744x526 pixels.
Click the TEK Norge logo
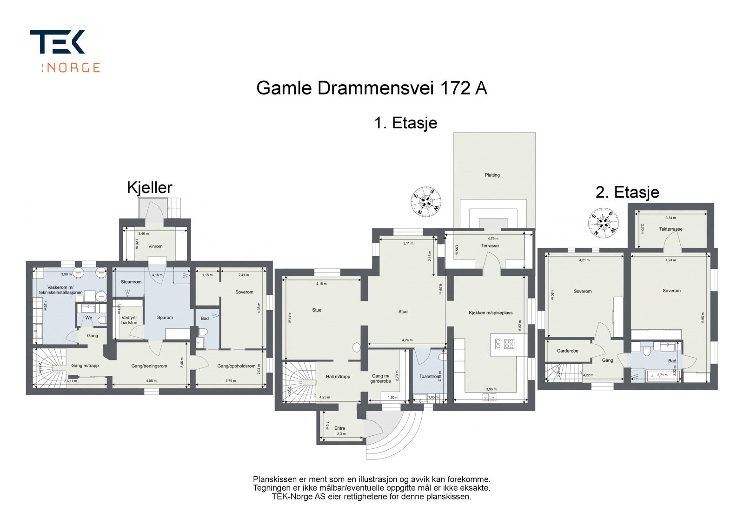(x=65, y=51)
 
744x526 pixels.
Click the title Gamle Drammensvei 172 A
(x=372, y=88)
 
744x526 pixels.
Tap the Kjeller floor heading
(x=150, y=187)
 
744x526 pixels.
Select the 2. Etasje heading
(x=627, y=192)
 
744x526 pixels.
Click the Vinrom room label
(x=155, y=246)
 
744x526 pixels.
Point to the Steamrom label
(x=131, y=282)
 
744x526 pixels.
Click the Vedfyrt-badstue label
(x=129, y=320)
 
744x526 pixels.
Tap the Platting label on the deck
(x=492, y=175)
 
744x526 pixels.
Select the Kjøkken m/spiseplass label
(x=491, y=313)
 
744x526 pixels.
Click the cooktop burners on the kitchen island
(x=504, y=344)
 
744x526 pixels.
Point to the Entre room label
(x=339, y=428)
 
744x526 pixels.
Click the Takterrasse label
(x=671, y=229)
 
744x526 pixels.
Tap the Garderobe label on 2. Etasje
(x=567, y=351)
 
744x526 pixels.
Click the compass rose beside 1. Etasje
(x=426, y=201)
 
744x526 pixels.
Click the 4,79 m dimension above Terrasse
(x=492, y=239)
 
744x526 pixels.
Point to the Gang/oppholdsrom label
(x=236, y=366)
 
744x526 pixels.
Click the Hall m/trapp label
(x=338, y=377)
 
